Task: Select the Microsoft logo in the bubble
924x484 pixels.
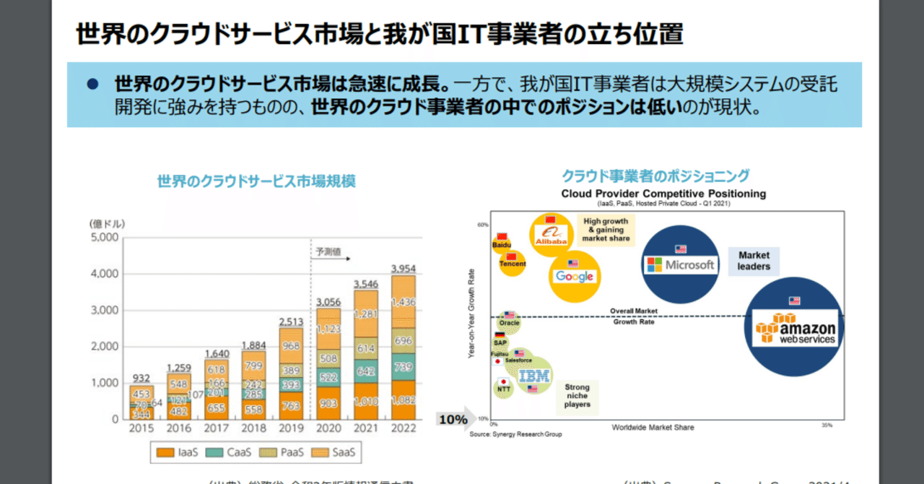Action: point(680,264)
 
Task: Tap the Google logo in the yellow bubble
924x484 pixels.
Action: point(574,276)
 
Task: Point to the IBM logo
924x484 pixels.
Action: point(535,375)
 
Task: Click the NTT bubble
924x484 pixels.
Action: point(504,388)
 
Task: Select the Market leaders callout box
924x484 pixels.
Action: point(754,260)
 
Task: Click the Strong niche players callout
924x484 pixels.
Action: point(577,396)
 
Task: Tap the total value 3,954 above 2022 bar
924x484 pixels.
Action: point(404,268)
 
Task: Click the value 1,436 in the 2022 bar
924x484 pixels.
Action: point(404,302)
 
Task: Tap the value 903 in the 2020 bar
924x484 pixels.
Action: point(328,402)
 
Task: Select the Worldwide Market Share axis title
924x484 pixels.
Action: point(653,427)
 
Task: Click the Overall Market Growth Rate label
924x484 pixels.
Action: point(633,316)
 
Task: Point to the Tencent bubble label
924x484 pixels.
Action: point(513,264)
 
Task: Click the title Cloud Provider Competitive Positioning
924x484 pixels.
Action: point(663,194)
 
